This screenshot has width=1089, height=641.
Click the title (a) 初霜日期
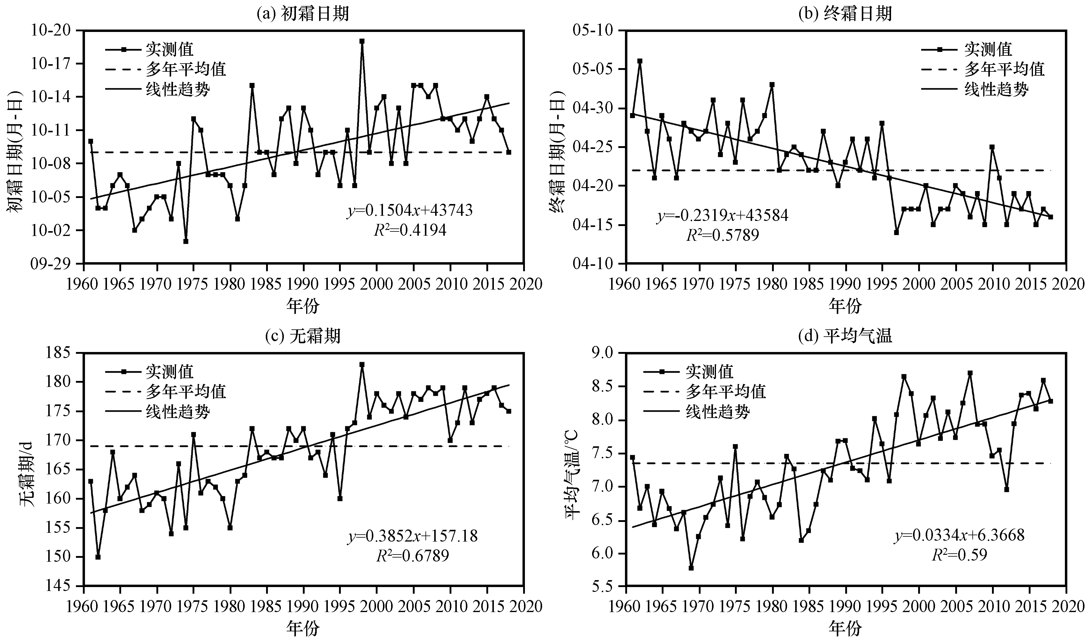click(x=303, y=14)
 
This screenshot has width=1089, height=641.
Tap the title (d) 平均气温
click(x=845, y=336)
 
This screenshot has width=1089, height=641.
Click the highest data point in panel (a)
click(x=362, y=41)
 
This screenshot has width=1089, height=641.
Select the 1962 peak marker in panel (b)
click(x=640, y=61)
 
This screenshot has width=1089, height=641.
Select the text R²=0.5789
click(x=723, y=235)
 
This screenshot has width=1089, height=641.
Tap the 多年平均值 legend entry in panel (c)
click(x=186, y=391)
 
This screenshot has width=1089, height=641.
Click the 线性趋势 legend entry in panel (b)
click(x=996, y=90)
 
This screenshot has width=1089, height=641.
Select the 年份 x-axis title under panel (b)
click(x=845, y=306)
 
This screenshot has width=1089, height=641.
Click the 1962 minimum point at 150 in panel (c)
click(x=98, y=557)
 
